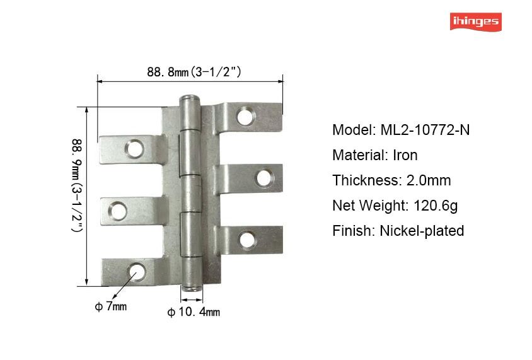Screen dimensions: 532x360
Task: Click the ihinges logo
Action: pyautogui.click(x=476, y=21)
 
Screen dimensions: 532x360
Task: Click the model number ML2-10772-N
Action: pyautogui.click(x=425, y=130)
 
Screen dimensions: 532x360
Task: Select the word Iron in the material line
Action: pyautogui.click(x=405, y=155)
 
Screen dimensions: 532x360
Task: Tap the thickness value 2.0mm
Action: pyautogui.click(x=429, y=180)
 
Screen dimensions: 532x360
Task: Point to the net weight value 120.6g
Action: pyautogui.click(x=436, y=206)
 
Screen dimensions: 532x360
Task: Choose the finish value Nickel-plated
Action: pyautogui.click(x=422, y=231)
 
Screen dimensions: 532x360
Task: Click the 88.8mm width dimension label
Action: pyautogui.click(x=194, y=72)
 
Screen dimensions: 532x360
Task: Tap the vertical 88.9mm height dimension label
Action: pyautogui.click(x=78, y=185)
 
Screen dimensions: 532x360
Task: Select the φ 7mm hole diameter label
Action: pyautogui.click(x=110, y=306)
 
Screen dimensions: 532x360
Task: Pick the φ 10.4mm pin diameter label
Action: pyautogui.click(x=194, y=312)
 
